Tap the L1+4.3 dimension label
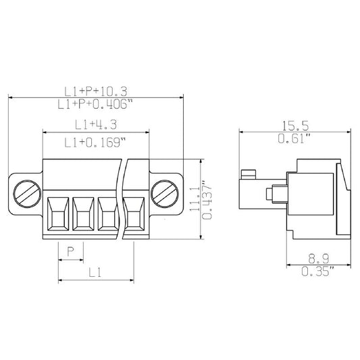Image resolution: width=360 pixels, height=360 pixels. (x=96, y=124)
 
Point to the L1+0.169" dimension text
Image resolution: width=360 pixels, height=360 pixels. (x=96, y=142)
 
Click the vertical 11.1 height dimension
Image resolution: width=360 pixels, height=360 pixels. (x=194, y=201)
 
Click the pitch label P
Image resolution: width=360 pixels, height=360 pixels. (x=70, y=253)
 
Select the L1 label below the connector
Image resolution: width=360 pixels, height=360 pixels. (x=96, y=273)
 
